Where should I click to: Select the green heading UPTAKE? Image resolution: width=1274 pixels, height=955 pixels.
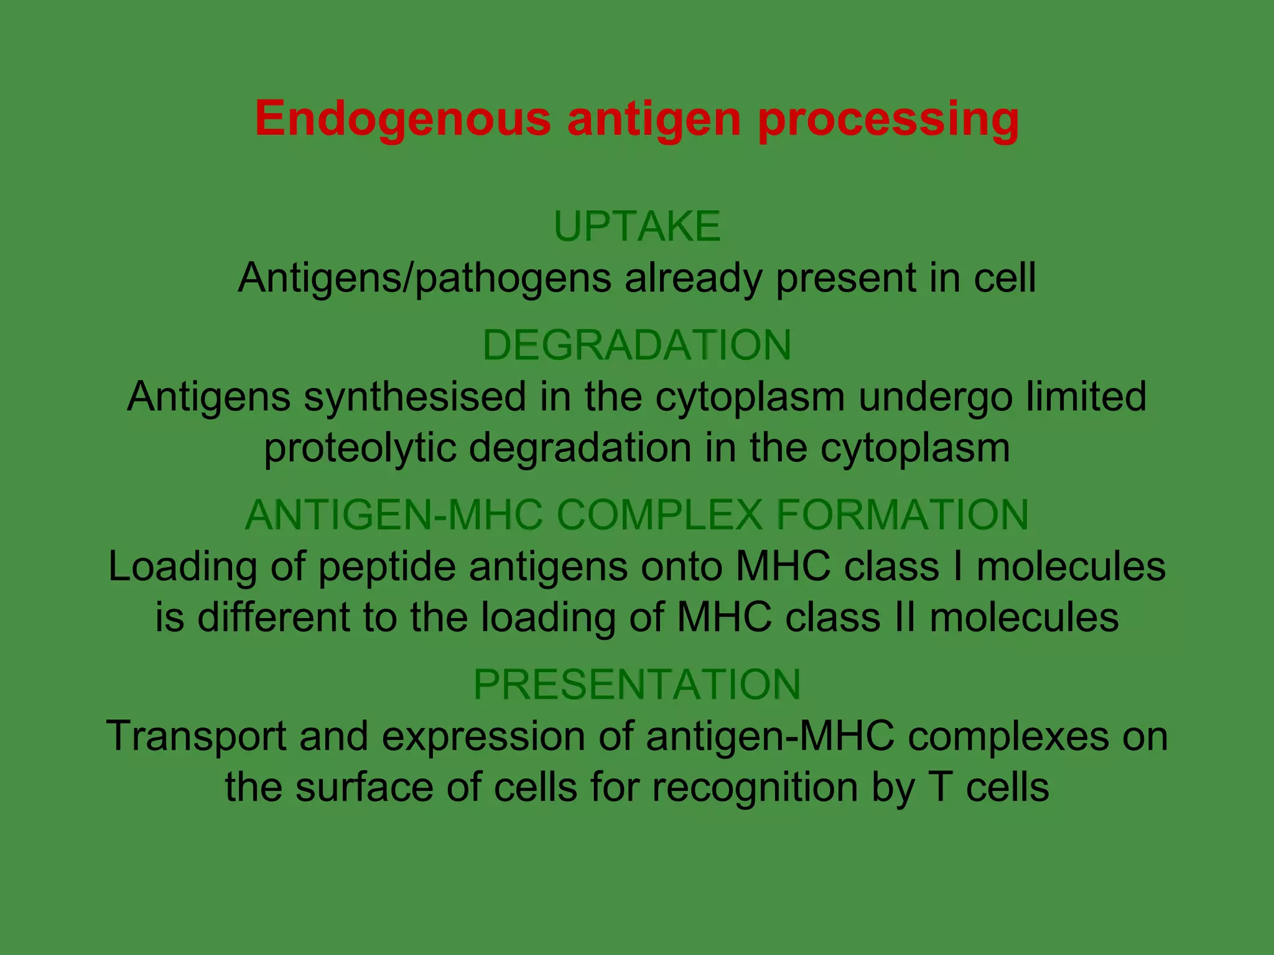click(x=637, y=226)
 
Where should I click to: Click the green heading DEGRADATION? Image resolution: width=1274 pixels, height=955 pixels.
click(x=637, y=345)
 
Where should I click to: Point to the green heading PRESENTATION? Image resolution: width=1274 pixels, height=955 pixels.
click(x=637, y=685)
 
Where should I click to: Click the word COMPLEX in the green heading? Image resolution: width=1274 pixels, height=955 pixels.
click(x=659, y=515)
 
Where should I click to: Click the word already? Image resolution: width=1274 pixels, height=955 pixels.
click(x=693, y=277)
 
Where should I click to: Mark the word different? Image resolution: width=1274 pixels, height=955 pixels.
click(x=274, y=617)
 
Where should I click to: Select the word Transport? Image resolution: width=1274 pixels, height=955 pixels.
click(x=196, y=736)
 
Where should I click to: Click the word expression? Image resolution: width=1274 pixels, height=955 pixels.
click(x=483, y=736)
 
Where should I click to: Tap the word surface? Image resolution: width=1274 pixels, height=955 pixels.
click(x=364, y=787)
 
